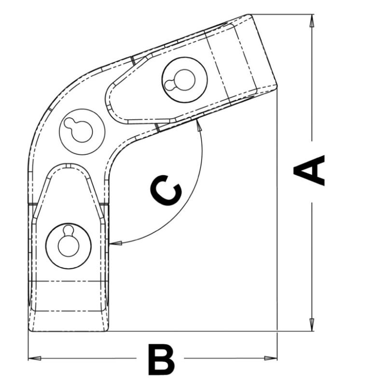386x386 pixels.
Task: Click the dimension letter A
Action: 309,170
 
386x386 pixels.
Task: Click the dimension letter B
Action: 161,359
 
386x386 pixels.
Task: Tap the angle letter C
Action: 166,190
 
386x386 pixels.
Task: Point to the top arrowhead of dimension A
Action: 312,21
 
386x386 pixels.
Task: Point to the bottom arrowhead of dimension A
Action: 312,325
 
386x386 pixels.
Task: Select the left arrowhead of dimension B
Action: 35,358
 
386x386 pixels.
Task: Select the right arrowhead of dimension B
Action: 271,358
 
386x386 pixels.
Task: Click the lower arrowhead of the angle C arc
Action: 115,243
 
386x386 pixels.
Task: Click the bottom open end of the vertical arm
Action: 69,331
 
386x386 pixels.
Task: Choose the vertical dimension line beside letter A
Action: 312,172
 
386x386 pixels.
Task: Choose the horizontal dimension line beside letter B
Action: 152,358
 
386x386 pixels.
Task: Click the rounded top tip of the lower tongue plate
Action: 68,164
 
